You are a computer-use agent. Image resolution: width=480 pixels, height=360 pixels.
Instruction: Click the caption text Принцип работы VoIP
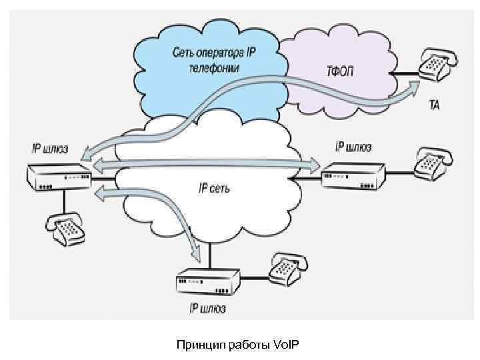(239, 344)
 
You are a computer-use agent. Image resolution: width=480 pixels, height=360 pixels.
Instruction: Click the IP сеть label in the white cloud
(215, 189)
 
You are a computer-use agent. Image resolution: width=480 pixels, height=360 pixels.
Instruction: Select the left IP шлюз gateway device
(59, 176)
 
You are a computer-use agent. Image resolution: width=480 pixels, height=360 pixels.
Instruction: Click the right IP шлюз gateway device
(353, 175)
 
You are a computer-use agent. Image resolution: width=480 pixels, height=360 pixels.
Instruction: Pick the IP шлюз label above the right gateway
(353, 146)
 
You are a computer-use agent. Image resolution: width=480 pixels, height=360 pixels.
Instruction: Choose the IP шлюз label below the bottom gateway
(207, 308)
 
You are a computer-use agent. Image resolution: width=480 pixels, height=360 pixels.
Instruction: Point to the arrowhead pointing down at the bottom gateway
(197, 255)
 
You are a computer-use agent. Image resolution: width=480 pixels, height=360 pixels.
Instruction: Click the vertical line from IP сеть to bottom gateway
(210, 252)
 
